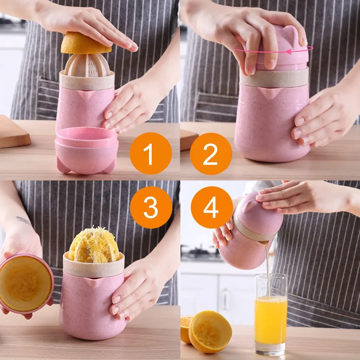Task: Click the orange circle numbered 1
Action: pos(151,153)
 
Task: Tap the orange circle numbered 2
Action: pos(211,154)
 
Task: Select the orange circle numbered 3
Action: pos(151,207)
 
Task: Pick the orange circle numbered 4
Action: pos(212,207)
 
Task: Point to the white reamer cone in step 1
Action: pos(87,66)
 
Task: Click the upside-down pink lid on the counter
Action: pos(86,150)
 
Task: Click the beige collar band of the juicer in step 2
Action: pos(274,78)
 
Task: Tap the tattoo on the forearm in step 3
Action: pos(24,221)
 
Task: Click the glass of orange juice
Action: pos(271,314)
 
